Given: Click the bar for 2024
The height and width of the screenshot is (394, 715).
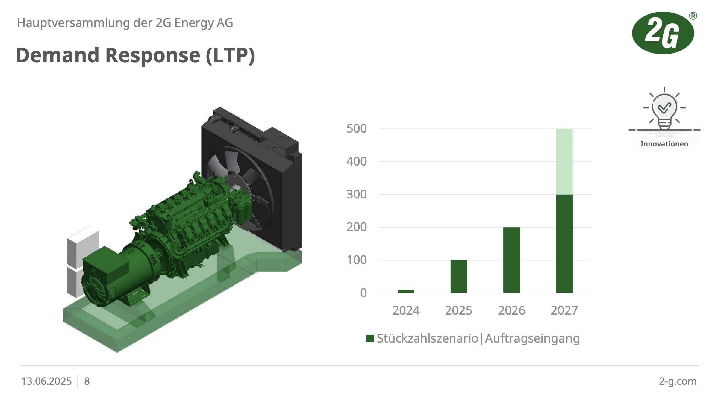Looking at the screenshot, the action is coord(406,291).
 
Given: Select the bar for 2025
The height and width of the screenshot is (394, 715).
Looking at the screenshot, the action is coord(459,276).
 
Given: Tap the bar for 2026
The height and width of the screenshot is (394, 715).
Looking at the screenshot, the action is coord(511,260).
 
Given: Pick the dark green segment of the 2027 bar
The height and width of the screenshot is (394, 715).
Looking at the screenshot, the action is coord(564,244).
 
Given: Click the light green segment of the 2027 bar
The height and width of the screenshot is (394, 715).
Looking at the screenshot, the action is coord(564,162).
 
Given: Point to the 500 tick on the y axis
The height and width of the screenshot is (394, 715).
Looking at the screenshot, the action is coord(356,129).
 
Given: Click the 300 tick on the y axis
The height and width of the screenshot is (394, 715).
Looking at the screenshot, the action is coord(356,195).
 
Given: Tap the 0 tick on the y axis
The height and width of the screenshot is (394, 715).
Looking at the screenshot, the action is coord(363,293).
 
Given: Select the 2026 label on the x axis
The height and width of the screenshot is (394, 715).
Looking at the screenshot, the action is coord(511,310).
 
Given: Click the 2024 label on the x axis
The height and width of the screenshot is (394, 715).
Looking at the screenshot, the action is coord(406,310).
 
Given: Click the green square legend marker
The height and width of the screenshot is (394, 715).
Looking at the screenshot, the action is coord(370,339).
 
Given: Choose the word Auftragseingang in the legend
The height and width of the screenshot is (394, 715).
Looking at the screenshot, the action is coord(532,339).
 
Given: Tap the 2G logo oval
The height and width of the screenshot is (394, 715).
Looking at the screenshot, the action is coord(663,33).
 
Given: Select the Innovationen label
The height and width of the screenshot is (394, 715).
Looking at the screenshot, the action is coord(664,144).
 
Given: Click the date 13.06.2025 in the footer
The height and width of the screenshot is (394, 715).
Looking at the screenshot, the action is coord(46,381).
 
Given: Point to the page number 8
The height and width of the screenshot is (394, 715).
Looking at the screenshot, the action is coord(87,381).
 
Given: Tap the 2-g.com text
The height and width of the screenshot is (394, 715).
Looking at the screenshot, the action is coord(678,381).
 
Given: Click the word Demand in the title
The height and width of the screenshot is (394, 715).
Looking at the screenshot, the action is coord(57,55).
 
